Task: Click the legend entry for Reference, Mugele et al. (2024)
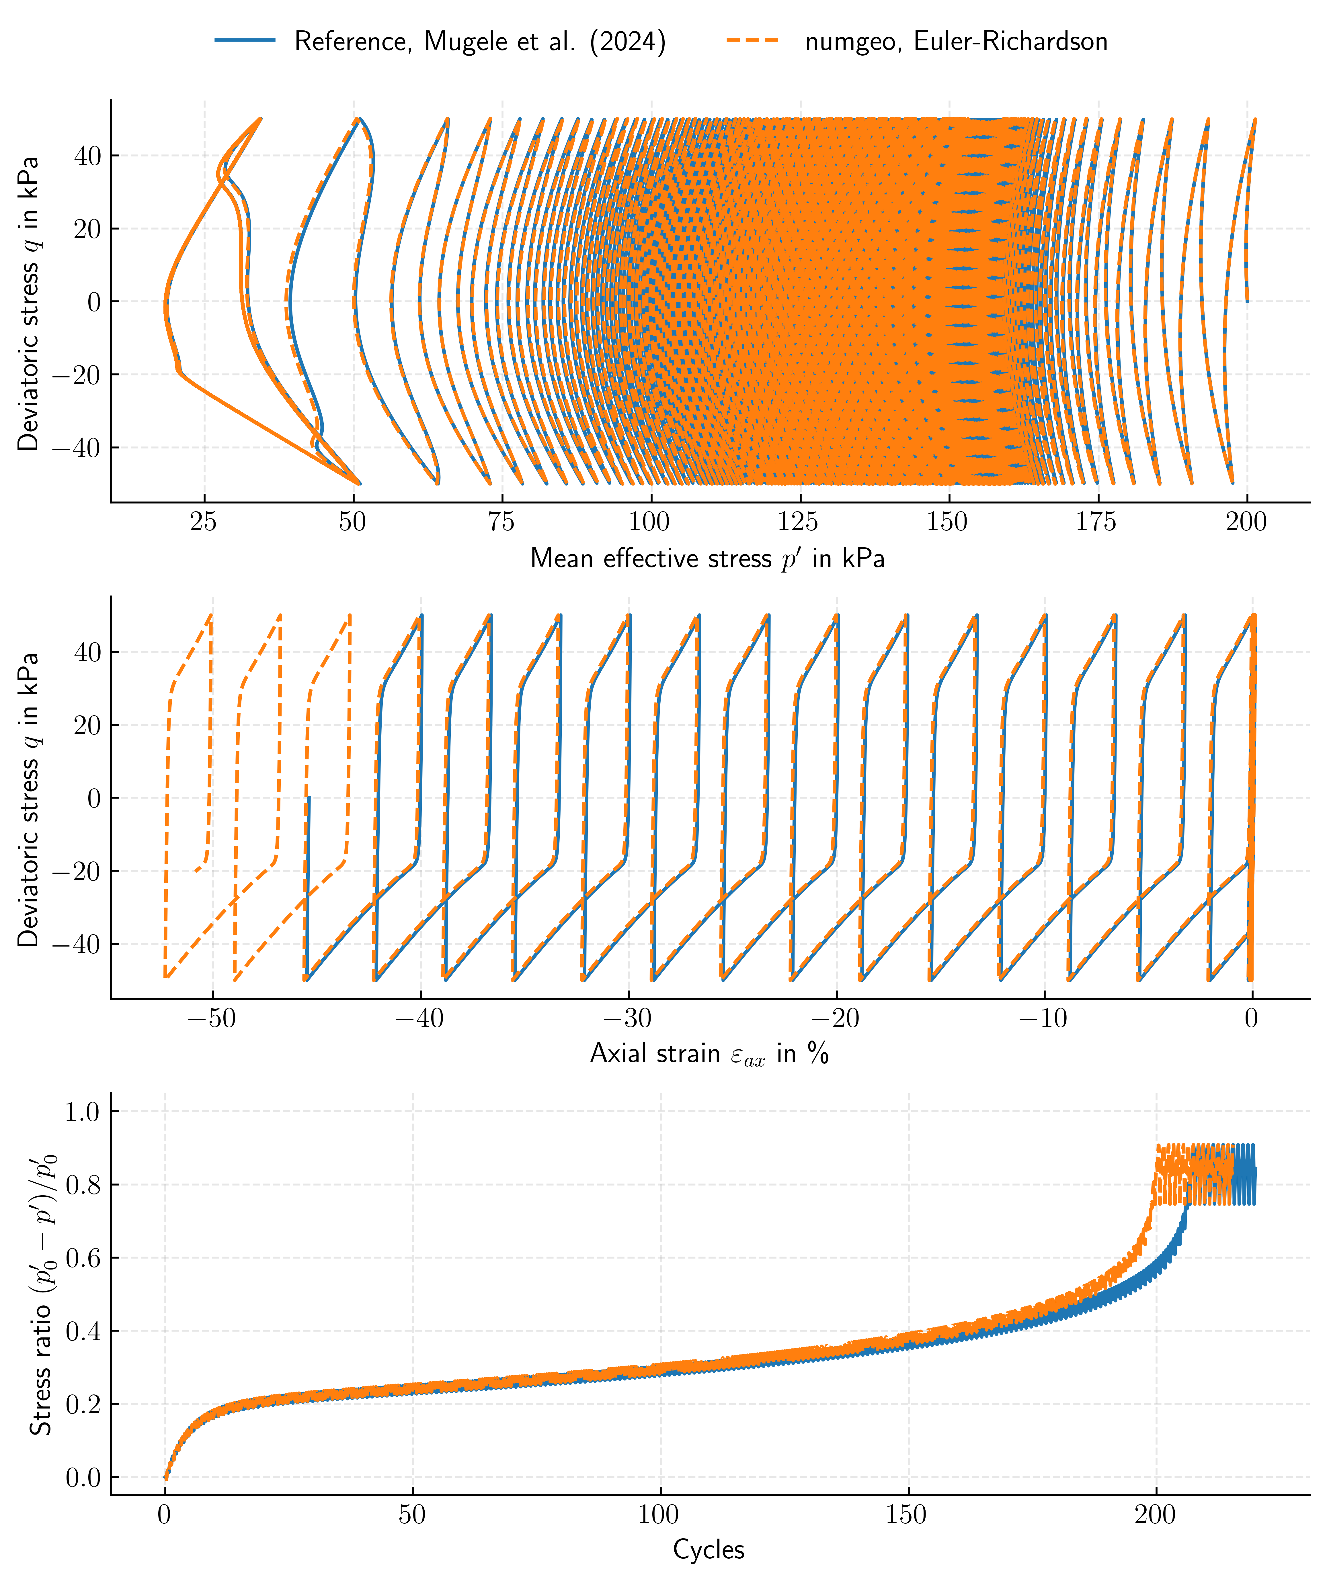480,41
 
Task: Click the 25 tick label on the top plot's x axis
203,522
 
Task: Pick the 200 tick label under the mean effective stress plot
1246,522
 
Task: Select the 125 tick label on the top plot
798,522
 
